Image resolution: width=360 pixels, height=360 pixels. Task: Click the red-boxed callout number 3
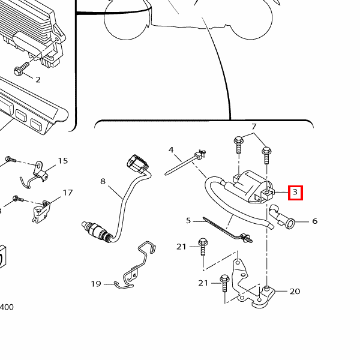point(295,193)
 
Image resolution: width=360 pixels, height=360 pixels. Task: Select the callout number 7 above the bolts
point(254,127)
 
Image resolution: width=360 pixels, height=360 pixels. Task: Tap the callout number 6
point(315,221)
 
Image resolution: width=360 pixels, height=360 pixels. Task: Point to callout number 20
point(295,292)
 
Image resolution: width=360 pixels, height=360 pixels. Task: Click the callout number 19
point(96,284)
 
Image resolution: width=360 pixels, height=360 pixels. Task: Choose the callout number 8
point(103,181)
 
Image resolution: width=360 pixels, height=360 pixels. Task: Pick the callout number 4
point(171,150)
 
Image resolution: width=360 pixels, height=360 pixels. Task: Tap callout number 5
point(188,221)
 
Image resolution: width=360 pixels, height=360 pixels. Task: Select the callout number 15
point(62,161)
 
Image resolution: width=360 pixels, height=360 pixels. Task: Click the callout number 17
point(68,193)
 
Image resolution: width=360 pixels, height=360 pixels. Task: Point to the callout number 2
point(38,80)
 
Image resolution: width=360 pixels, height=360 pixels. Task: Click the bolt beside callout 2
point(22,68)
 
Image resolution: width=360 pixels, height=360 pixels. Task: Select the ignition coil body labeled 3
point(253,187)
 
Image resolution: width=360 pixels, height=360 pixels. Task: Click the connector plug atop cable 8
point(137,164)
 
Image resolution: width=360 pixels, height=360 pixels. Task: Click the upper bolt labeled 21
point(203,247)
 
